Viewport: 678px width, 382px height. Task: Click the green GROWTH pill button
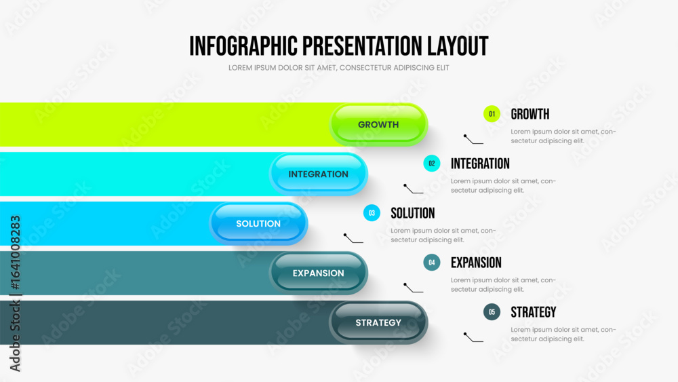[378, 125]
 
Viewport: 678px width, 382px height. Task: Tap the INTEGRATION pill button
[318, 174]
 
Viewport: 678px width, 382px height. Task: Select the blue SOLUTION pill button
[258, 224]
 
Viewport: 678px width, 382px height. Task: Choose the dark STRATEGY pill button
[378, 323]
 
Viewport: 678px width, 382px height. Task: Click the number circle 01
[492, 114]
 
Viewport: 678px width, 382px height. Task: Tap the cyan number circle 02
[431, 164]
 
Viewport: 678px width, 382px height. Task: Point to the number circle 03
[372, 213]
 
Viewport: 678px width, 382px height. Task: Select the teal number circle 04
[431, 262]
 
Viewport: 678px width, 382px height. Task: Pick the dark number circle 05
[492, 312]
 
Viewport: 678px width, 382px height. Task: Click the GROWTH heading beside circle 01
[530, 114]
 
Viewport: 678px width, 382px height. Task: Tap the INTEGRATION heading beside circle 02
[480, 164]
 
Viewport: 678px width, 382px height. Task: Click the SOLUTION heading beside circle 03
[412, 213]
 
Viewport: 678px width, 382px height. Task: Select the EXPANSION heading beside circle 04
[476, 263]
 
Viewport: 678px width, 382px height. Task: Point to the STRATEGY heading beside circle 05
[533, 312]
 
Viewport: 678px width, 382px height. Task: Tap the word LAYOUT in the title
[458, 46]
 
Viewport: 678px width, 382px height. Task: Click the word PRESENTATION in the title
[362, 46]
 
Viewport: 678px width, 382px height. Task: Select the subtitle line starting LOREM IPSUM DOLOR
[338, 68]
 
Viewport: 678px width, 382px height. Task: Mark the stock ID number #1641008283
[15, 252]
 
